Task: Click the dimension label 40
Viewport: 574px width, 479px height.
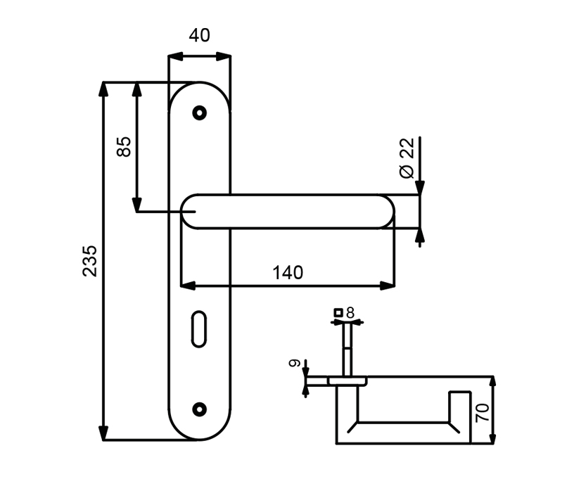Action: point(199,36)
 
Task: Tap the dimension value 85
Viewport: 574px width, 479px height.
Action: point(124,146)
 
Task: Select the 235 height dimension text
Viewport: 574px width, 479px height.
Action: point(90,260)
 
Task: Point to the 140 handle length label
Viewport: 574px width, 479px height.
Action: point(288,273)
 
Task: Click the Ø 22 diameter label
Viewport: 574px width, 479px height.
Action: point(407,158)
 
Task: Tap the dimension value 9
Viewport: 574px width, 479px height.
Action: point(295,364)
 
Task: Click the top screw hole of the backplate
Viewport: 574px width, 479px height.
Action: point(200,113)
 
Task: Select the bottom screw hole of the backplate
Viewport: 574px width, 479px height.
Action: point(200,409)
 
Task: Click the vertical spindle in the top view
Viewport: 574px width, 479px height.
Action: point(347,350)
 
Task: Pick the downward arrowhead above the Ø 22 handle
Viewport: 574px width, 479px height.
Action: point(420,188)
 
